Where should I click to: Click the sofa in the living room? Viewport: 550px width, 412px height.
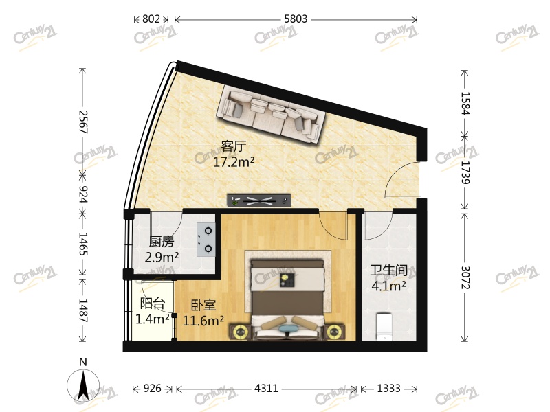pyautogui.click(x=272, y=115)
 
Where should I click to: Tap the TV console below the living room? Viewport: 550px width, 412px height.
pyautogui.click(x=260, y=201)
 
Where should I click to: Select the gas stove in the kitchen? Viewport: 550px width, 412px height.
pyautogui.click(x=206, y=240)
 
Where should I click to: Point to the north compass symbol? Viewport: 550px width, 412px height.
pyautogui.click(x=83, y=382)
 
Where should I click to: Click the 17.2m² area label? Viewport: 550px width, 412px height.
pyautogui.click(x=234, y=162)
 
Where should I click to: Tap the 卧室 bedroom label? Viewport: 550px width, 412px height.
pyautogui.click(x=203, y=306)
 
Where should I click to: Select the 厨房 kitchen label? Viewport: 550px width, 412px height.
pyautogui.click(x=162, y=242)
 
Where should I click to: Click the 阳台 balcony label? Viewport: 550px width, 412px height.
pyautogui.click(x=152, y=304)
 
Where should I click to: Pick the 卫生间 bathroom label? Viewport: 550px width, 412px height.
pyautogui.click(x=389, y=271)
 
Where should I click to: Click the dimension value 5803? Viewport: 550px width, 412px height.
pyautogui.click(x=296, y=19)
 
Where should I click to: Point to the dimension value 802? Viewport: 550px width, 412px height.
pyautogui.click(x=151, y=19)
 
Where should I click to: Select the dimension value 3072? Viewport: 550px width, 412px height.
pyautogui.click(x=465, y=277)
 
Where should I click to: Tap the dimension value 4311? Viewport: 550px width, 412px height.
pyautogui.click(x=266, y=388)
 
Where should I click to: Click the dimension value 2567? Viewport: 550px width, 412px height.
pyautogui.click(x=82, y=122)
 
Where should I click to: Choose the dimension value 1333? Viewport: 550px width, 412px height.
pyautogui.click(x=388, y=388)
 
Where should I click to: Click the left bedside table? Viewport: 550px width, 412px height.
pyautogui.click(x=240, y=332)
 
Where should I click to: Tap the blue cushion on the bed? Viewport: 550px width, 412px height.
pyautogui.click(x=288, y=329)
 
